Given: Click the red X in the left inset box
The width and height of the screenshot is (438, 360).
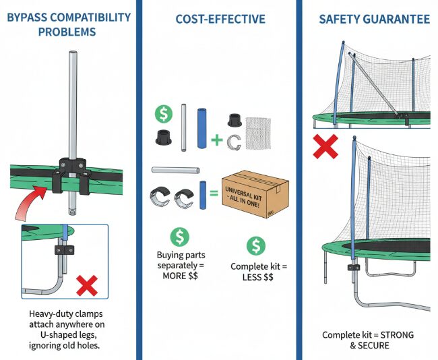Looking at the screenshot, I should pyautogui.click(x=86, y=286).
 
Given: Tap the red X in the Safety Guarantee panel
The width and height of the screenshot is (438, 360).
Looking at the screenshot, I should pyautogui.click(x=325, y=147).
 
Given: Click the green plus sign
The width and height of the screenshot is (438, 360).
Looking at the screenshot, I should pyautogui.click(x=217, y=140).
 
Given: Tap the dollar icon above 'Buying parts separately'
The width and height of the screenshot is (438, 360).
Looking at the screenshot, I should pyautogui.click(x=180, y=236).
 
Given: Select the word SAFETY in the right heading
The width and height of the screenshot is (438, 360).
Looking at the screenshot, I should pyautogui.click(x=341, y=19).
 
